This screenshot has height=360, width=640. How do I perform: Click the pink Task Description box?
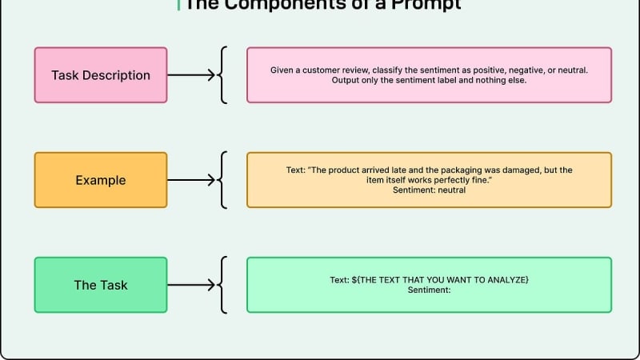point(101,75)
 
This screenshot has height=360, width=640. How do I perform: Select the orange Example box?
point(101,180)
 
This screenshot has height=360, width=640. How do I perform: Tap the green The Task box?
point(101,285)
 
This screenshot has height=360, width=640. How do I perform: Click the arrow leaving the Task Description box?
point(192,75)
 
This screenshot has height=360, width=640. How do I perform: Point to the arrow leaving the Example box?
point(192,180)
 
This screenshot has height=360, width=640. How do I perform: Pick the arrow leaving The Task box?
point(192,285)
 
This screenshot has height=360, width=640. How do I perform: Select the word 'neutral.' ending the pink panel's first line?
point(571,70)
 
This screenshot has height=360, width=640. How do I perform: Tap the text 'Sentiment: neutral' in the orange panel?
point(429,191)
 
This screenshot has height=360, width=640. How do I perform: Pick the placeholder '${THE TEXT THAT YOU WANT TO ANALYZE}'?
point(440,279)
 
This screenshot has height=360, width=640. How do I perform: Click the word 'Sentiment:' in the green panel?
point(429,290)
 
